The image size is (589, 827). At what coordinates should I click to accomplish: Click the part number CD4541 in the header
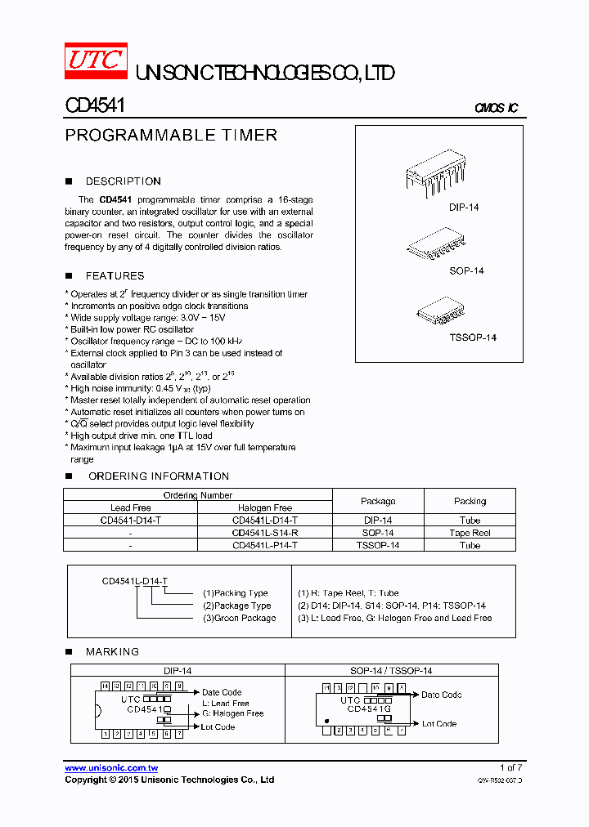pyautogui.click(x=94, y=106)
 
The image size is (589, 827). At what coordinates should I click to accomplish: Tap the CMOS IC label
pyautogui.click(x=496, y=109)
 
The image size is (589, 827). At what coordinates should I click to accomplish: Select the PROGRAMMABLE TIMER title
pyautogui.click(x=171, y=136)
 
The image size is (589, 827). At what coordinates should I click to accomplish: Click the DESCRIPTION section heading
pyautogui.click(x=123, y=181)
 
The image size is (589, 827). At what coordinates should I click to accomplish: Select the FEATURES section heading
pyautogui.click(x=115, y=276)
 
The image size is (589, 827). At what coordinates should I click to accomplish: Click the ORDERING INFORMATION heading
pyautogui.click(x=158, y=476)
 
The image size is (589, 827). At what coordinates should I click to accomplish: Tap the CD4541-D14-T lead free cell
pyautogui.click(x=131, y=521)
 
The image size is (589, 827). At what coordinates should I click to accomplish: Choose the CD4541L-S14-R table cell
pyautogui.click(x=265, y=533)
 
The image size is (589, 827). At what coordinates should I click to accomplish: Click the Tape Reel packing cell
pyautogui.click(x=470, y=533)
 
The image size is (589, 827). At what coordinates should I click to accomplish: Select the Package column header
pyautogui.click(x=378, y=501)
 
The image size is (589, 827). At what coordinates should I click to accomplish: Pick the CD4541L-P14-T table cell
pyautogui.click(x=265, y=545)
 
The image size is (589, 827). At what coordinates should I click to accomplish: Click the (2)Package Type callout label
pyautogui.click(x=237, y=606)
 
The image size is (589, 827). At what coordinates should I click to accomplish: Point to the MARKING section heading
pyautogui.click(x=112, y=652)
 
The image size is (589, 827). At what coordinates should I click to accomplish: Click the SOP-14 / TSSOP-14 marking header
pyautogui.click(x=391, y=670)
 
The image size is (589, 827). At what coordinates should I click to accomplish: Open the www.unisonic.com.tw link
pyautogui.click(x=111, y=768)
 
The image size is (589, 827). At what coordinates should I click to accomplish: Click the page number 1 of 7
pyautogui.click(x=510, y=768)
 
